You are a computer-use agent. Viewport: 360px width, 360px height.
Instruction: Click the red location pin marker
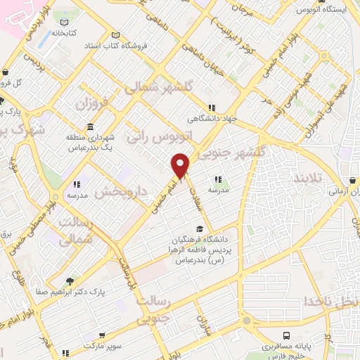[x=181, y=165]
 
